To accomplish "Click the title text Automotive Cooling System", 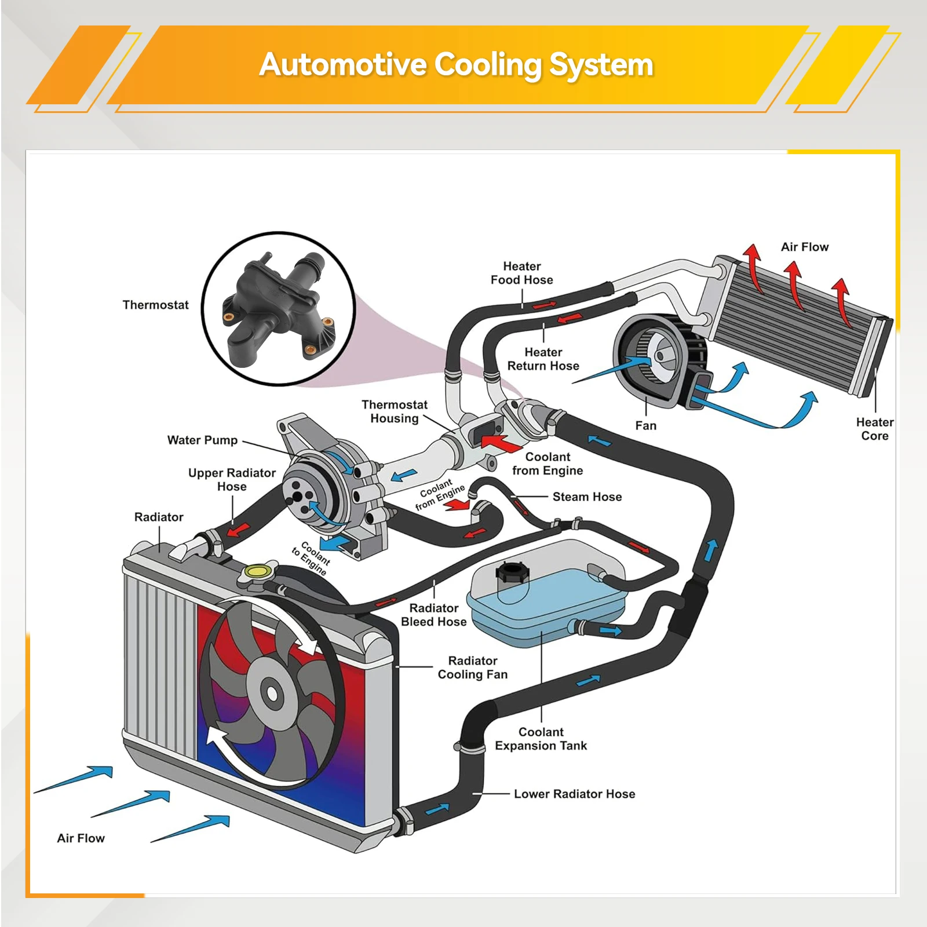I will click(x=457, y=64).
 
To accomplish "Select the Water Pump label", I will click(x=202, y=440).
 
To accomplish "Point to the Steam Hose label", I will click(x=587, y=497).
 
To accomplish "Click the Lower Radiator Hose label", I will click(x=574, y=794).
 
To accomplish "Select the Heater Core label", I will click(x=874, y=429).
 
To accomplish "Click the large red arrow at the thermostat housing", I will click(x=502, y=443).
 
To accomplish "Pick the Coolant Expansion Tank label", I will click(x=541, y=739).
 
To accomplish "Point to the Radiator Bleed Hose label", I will click(x=433, y=615).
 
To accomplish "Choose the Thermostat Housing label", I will click(x=395, y=411).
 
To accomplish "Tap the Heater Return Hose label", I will click(x=543, y=359).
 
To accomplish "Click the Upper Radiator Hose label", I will click(x=232, y=480).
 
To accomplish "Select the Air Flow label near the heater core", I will click(x=804, y=247).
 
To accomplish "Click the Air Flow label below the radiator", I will click(x=81, y=838).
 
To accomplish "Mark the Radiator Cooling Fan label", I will click(x=472, y=667).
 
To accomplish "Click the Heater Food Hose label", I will click(x=521, y=273).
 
